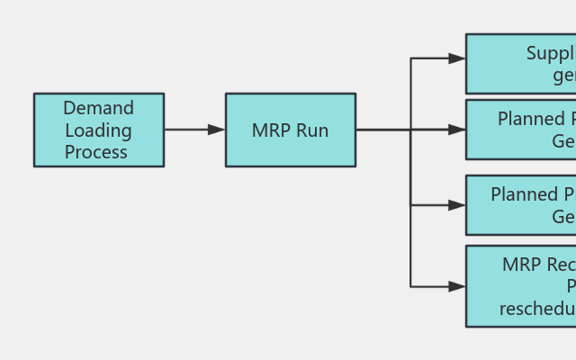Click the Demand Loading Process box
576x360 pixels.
(99, 130)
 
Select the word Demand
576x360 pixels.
(99, 108)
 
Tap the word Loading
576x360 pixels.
(99, 130)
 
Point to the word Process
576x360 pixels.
(96, 152)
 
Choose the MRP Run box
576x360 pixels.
(290, 130)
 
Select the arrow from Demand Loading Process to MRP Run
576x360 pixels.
(189, 130)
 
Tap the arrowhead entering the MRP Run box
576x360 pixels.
(217, 130)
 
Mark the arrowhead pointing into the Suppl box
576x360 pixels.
(457, 58)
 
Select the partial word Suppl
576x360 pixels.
(550, 53)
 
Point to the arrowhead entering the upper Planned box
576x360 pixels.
(457, 130)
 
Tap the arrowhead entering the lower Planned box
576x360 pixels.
(457, 205)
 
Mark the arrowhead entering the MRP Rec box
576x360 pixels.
(457, 286)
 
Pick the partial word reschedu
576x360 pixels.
(537, 309)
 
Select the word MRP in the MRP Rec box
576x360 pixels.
(521, 265)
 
